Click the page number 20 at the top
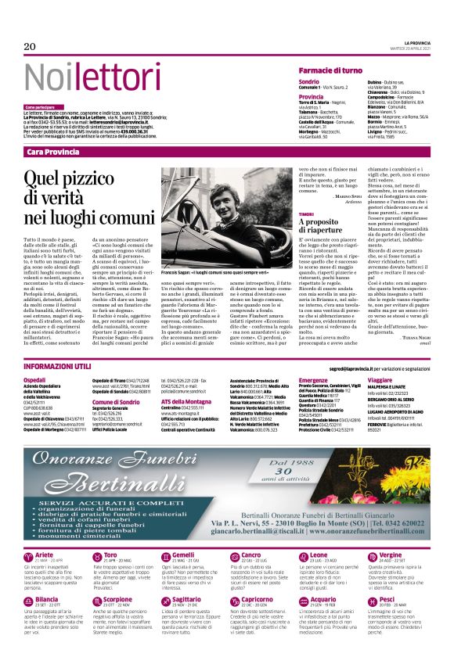[x=31, y=47]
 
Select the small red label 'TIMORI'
[x=306, y=213]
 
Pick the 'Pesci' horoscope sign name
[x=387, y=599]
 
